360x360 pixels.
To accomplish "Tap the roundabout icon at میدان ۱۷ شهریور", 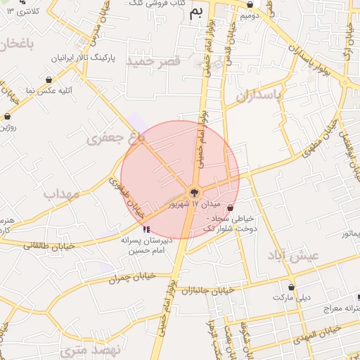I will (195, 192).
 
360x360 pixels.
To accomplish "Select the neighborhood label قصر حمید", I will (153, 62).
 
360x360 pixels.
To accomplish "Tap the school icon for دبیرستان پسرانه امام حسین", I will (146, 229).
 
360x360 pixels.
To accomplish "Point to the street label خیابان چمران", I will (131, 278).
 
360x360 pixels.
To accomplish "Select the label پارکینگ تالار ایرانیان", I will (83, 56).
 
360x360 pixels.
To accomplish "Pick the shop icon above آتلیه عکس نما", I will (48, 80).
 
